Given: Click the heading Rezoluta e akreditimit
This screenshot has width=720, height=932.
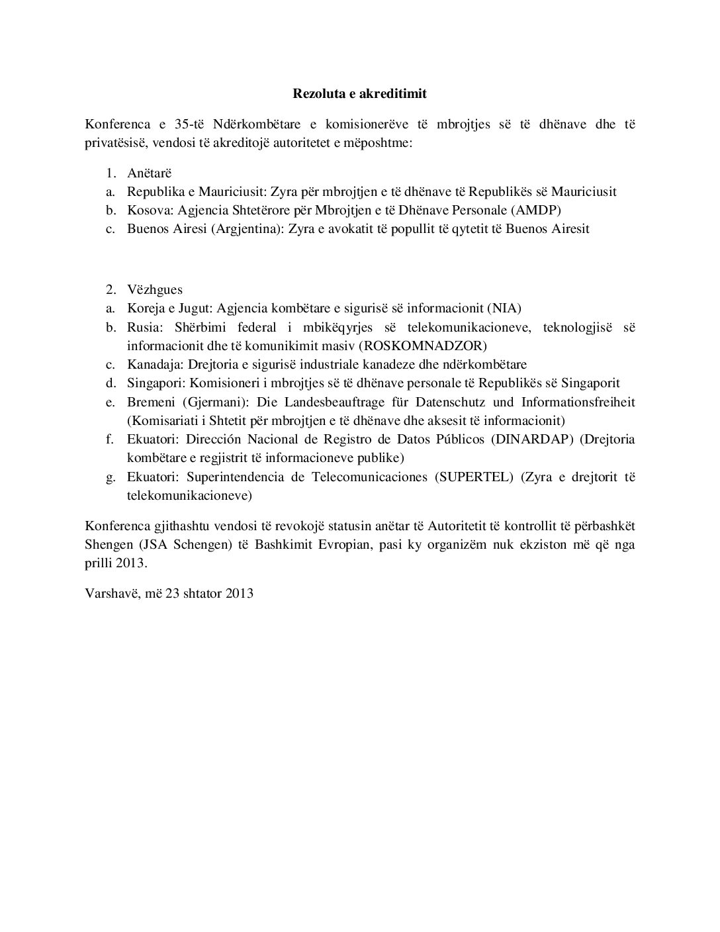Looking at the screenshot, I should (360, 93).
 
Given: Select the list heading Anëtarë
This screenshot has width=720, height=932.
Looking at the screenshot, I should (149, 173).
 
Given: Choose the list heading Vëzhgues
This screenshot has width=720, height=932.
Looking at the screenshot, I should (155, 290).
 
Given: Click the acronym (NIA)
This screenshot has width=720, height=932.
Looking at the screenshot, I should (504, 308).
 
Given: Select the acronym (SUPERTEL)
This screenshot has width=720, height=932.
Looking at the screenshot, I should (474, 477).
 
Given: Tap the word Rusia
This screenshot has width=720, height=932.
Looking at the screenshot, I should (144, 327).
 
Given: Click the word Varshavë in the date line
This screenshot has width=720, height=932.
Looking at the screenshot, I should (109, 593).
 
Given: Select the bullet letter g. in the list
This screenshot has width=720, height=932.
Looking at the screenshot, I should (111, 477).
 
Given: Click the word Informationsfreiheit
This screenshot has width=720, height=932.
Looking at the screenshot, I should (578, 402).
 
